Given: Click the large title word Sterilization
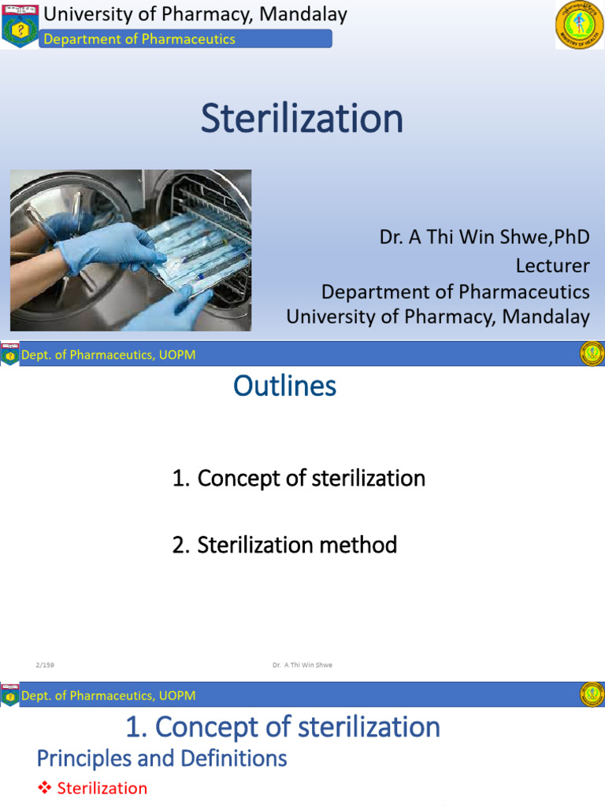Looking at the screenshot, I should pyautogui.click(x=302, y=118).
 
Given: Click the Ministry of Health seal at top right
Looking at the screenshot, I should pyautogui.click(x=580, y=25).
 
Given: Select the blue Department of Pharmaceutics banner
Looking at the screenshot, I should pyautogui.click(x=186, y=39).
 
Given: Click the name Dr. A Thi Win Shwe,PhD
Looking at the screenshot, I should pyautogui.click(x=484, y=237).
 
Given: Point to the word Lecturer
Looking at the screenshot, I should pyautogui.click(x=552, y=264).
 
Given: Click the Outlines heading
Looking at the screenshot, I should pyautogui.click(x=285, y=386).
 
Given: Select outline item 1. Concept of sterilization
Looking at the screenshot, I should pyautogui.click(x=299, y=478).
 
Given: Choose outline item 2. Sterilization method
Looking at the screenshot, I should pyautogui.click(x=284, y=544).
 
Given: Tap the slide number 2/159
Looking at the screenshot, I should pyautogui.click(x=44, y=665).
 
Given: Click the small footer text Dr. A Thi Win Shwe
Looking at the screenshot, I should pyautogui.click(x=302, y=665).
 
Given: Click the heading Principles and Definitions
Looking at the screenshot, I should pyautogui.click(x=161, y=758).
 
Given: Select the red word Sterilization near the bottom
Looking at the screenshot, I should pyautogui.click(x=102, y=788).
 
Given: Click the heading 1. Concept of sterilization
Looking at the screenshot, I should pyautogui.click(x=283, y=727).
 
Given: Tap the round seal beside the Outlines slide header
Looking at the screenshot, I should pyautogui.click(x=592, y=354).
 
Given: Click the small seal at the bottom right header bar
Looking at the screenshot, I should pyautogui.click(x=592, y=694).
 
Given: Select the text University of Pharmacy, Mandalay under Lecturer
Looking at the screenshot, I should pyautogui.click(x=437, y=316).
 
